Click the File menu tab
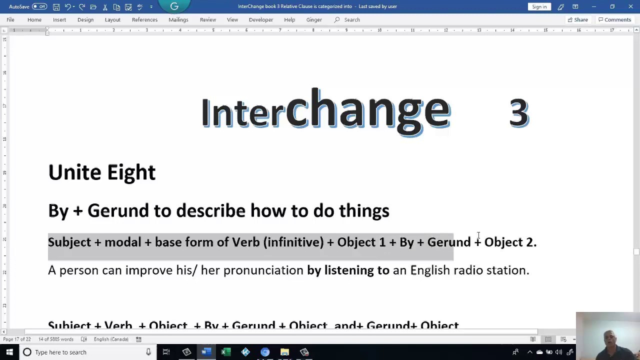pos(10,19)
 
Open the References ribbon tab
pos(144,19)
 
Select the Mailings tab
pos(178,19)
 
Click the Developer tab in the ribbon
pos(260,19)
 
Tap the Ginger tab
pos(314,19)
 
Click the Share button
pos(577,19)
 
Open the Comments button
pos(614,19)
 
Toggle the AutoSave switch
pos(39,6)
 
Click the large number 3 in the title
pos(518,112)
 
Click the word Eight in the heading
pos(131,173)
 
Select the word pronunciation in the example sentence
pos(263,270)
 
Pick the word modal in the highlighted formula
pos(122,242)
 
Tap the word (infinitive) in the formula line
pos(293,242)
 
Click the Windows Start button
pos(9,352)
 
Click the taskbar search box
pos(85,352)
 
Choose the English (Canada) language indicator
pos(111,339)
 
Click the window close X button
pos(630,6)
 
